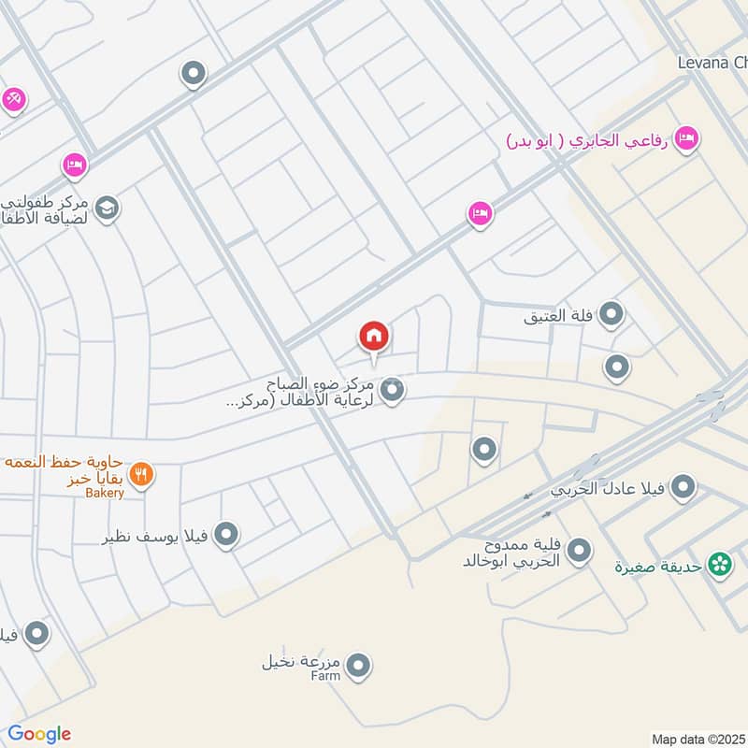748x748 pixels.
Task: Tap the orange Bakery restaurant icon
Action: pos(142,474)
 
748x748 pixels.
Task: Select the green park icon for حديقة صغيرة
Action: pos(719,565)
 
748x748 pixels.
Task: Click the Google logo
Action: pos(39,734)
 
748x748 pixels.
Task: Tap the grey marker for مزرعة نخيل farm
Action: pos(358,667)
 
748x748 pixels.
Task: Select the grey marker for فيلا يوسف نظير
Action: pos(226,536)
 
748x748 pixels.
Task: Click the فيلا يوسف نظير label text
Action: pos(158,538)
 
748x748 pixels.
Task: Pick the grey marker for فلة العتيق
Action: pos(611,315)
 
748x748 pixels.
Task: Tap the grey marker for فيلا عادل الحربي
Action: pos(684,487)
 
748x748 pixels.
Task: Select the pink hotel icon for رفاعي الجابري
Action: pos(687,138)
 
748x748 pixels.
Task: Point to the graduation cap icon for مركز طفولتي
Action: pos(106,207)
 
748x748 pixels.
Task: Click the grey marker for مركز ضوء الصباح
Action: pos(393,391)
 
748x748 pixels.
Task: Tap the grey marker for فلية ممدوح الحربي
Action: pos(579,552)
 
